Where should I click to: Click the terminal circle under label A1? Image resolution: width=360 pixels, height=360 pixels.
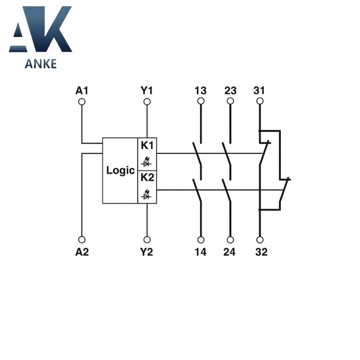(82, 102)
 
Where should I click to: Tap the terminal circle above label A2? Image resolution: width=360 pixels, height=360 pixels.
(82, 240)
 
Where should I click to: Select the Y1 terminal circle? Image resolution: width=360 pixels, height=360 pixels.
(147, 102)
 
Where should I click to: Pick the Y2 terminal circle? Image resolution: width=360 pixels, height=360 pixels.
(147, 240)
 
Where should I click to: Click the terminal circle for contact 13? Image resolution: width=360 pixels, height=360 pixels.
(201, 101)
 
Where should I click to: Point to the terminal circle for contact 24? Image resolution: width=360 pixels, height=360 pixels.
(230, 240)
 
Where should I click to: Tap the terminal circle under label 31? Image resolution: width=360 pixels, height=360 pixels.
(259, 101)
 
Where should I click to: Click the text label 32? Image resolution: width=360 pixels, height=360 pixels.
(261, 252)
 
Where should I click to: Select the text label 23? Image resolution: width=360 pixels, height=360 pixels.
(230, 90)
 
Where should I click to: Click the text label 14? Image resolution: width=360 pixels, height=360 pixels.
(201, 252)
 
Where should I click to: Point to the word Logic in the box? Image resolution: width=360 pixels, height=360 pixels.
(120, 171)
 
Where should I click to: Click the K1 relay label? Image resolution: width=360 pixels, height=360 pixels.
(147, 145)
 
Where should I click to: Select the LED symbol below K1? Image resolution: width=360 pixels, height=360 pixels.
(147, 162)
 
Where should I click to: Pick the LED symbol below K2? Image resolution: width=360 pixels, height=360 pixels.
(147, 195)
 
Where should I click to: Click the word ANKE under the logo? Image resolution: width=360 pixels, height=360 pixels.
(40, 64)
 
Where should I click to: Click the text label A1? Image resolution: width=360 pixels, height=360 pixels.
(82, 90)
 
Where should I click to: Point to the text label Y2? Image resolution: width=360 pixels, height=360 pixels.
(147, 252)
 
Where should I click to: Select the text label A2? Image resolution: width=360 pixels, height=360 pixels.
(82, 252)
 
